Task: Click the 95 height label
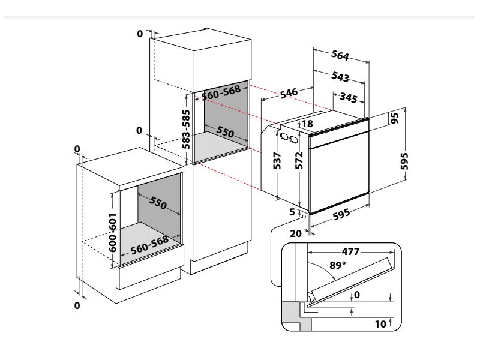coord(394,118)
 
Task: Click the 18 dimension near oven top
coord(307,124)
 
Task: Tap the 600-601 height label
coord(112,232)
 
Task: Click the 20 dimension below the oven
coord(295,234)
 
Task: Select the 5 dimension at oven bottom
coord(293,212)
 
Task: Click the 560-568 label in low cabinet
coord(151,247)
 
